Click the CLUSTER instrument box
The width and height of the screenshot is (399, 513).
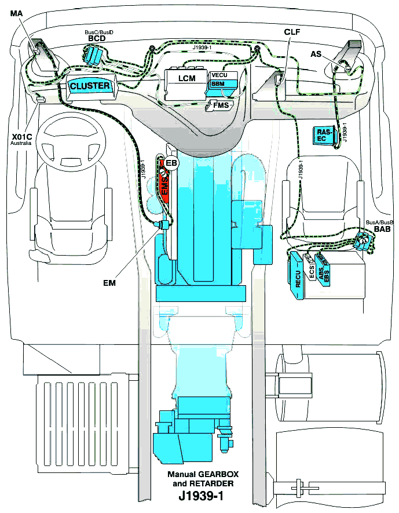(x=90, y=86)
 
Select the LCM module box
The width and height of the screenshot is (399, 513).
(x=186, y=78)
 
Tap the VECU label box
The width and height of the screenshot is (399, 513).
(x=221, y=75)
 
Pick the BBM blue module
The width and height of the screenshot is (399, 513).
(x=221, y=85)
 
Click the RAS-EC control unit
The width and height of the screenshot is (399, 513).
(x=325, y=135)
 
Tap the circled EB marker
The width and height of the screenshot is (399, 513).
(x=171, y=164)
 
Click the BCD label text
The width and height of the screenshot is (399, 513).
(x=96, y=38)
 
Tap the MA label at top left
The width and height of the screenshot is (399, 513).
(x=16, y=13)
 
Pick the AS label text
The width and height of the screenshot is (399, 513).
(x=316, y=53)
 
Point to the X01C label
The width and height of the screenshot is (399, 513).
(x=21, y=137)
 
